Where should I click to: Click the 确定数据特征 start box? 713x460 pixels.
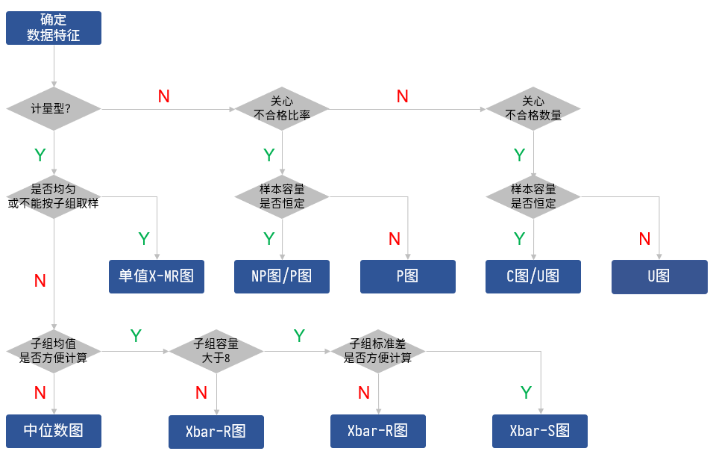coord(53,28)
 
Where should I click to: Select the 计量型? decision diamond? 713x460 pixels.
coord(53,109)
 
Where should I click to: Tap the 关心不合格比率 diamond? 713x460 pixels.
coord(282,109)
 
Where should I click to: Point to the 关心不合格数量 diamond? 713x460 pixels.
coord(533,109)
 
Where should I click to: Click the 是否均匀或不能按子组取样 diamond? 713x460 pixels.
coord(53,196)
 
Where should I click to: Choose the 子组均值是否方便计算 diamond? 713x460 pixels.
coord(53,351)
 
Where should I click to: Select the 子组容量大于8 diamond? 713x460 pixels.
coord(216,351)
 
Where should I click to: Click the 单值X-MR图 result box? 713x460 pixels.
coord(156,276)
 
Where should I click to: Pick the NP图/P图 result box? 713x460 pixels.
coord(282,276)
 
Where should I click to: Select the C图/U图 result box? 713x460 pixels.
coord(533,276)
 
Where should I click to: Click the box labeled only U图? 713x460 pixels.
coord(659,276)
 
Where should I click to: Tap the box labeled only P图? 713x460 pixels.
coord(408,276)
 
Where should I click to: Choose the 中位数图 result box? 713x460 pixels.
coord(53,431)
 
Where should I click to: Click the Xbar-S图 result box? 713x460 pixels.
coord(540,431)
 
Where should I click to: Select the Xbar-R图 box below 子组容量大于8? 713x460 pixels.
coord(216,432)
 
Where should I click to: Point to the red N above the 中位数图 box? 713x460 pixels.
coord(40,393)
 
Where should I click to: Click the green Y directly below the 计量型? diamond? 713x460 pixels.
coord(40,155)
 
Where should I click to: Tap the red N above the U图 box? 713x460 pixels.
coord(645,239)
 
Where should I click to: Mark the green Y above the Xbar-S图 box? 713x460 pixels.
coord(526,393)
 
